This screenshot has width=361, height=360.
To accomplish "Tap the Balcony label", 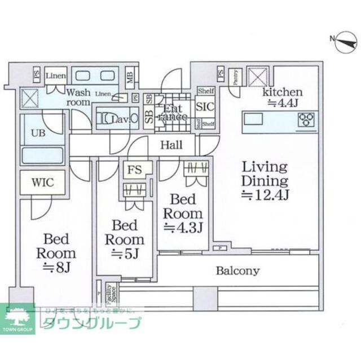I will [238, 271].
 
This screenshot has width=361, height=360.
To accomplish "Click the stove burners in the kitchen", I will [306, 119].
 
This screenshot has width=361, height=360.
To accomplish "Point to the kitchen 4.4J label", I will [283, 97].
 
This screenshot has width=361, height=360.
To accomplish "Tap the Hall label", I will [171, 145].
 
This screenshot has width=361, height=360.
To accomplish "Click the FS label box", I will [134, 168].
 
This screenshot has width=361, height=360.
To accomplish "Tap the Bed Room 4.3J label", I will [183, 214].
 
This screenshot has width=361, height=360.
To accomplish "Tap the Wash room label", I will [78, 97].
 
